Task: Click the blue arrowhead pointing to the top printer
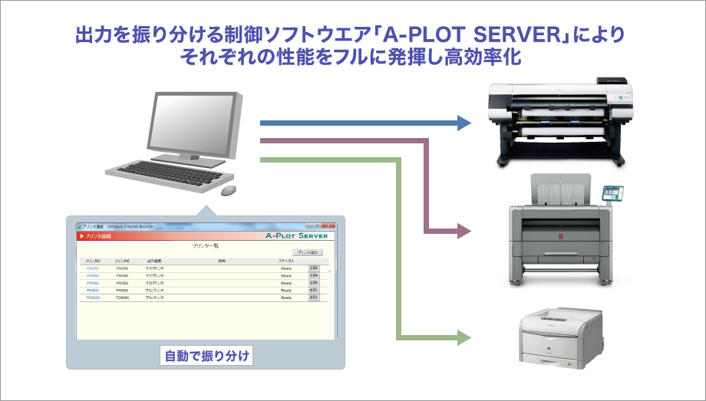(x=463, y=122)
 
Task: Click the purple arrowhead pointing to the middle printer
(x=463, y=229)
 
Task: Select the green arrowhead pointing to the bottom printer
(x=463, y=336)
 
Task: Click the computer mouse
(x=229, y=189)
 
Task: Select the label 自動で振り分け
(x=207, y=357)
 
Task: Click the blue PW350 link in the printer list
(x=92, y=269)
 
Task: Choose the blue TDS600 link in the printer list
(x=93, y=297)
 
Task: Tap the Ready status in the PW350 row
(x=286, y=269)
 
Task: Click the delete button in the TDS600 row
(x=314, y=297)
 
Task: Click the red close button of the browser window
(x=329, y=227)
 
